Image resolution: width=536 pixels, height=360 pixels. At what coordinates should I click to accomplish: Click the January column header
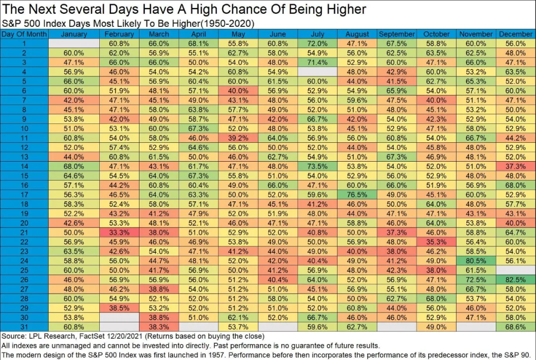point(73,34)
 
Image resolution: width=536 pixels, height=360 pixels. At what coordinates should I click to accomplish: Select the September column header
point(397,34)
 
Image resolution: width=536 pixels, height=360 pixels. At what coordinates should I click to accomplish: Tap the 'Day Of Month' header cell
point(24,34)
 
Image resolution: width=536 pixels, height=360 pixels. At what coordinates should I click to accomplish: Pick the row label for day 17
point(24,194)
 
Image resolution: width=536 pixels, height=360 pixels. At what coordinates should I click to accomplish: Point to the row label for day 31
point(24,326)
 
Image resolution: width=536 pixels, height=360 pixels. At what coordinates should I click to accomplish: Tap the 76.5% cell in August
point(357,194)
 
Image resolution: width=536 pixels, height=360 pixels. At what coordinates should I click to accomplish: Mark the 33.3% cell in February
point(119,232)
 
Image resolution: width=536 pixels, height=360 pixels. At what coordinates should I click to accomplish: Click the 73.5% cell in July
point(317,166)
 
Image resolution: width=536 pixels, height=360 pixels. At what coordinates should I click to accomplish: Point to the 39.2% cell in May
point(239,138)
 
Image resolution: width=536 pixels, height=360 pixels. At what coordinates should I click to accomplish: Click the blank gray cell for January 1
point(73,44)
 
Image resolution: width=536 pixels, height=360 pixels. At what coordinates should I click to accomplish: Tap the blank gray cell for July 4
point(317,72)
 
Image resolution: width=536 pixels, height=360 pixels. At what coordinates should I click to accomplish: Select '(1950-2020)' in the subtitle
point(229,23)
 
